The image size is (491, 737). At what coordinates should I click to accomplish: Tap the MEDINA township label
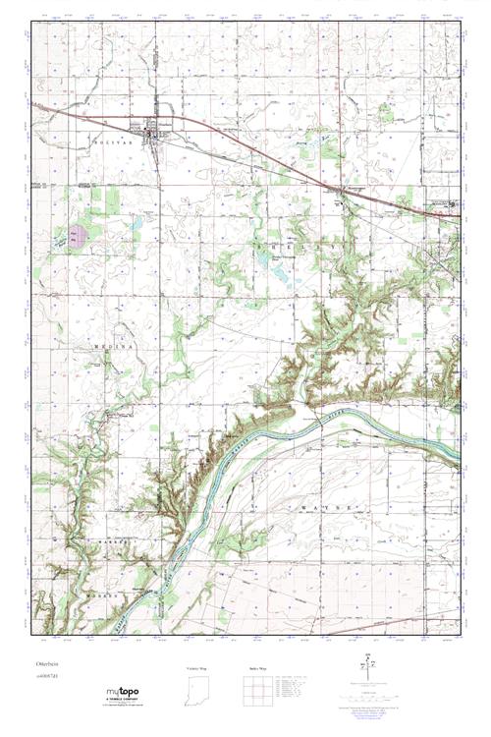click(110, 347)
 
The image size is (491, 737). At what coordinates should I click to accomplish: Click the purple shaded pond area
click(76, 236)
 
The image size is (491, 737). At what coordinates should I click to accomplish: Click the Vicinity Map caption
click(198, 667)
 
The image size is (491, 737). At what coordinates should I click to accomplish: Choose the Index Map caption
click(256, 667)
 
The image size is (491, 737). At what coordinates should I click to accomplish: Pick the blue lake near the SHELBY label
click(265, 257)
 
